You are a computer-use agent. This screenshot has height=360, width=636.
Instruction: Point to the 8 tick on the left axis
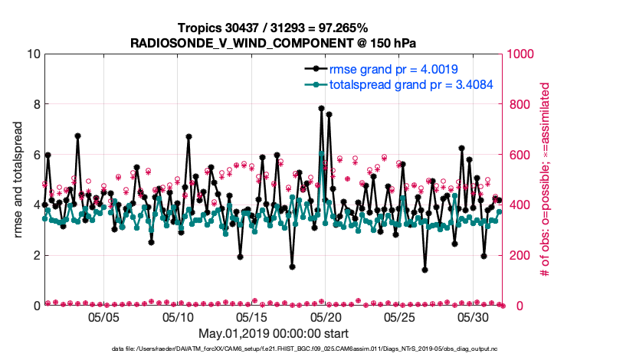point(35,104)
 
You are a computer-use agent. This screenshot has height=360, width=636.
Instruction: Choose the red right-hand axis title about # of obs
point(546,180)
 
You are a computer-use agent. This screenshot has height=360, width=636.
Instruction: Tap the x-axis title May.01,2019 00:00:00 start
point(274,334)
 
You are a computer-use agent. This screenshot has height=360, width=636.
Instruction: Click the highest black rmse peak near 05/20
point(322,109)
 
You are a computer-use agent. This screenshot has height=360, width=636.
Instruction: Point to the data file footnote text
point(274,349)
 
